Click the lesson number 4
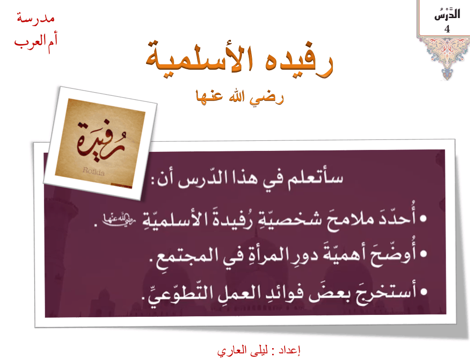pyautogui.click(x=447, y=29)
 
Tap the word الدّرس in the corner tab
pyautogui.click(x=447, y=14)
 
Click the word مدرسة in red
pyautogui.click(x=36, y=18)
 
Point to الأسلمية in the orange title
pyautogui.click(x=199, y=57)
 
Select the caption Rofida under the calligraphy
pyautogui.click(x=93, y=171)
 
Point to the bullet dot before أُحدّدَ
pyautogui.click(x=423, y=219)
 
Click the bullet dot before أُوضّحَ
pyautogui.click(x=423, y=254)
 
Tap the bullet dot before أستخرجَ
pyautogui.click(x=423, y=291)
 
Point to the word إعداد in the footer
pyautogui.click(x=289, y=351)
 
